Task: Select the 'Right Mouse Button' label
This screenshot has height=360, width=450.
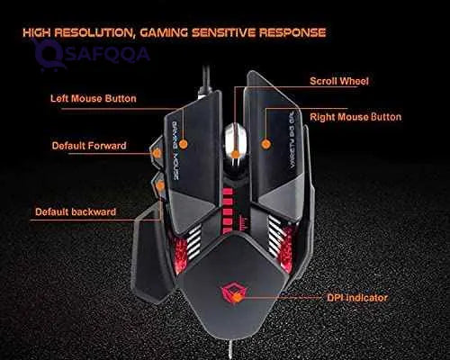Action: pyautogui.click(x=355, y=117)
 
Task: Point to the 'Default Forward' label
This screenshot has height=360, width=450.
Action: pyautogui.click(x=88, y=145)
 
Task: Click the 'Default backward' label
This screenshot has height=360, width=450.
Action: pyautogui.click(x=75, y=212)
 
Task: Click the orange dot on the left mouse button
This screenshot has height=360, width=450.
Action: pyautogui.click(x=184, y=142)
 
